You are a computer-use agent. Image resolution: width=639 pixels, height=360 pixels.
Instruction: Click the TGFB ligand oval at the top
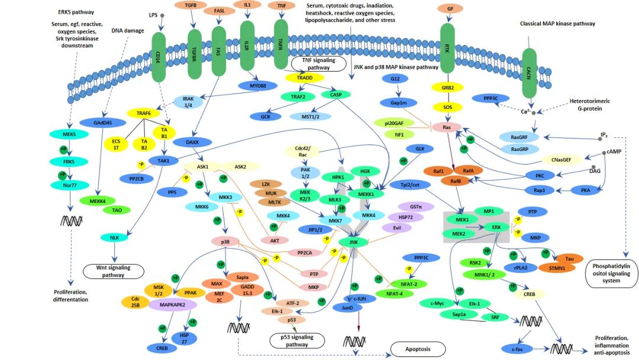tap(191, 5)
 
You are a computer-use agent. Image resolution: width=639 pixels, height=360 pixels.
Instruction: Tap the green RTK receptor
tap(447, 50)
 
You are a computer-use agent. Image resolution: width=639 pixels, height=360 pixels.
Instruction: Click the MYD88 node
tap(258, 86)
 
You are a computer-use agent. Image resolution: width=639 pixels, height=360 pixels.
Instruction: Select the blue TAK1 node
tap(163, 160)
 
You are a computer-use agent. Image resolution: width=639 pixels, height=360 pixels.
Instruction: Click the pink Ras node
tap(447, 127)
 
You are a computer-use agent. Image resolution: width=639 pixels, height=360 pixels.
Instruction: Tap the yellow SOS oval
tap(447, 107)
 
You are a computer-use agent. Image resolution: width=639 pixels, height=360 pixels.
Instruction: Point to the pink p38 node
tap(225, 242)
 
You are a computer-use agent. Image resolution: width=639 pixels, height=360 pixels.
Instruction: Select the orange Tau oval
tap(569, 259)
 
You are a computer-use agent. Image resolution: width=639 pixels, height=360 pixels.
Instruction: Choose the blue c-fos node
tap(515, 349)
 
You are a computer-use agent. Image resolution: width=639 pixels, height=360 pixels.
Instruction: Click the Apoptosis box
tap(418, 349)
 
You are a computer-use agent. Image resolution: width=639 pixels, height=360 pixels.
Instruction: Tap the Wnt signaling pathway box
tap(115, 271)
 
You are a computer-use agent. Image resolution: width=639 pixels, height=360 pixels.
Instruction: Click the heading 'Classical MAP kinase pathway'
tap(557, 24)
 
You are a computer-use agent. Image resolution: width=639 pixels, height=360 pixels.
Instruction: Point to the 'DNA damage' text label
tap(128, 30)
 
